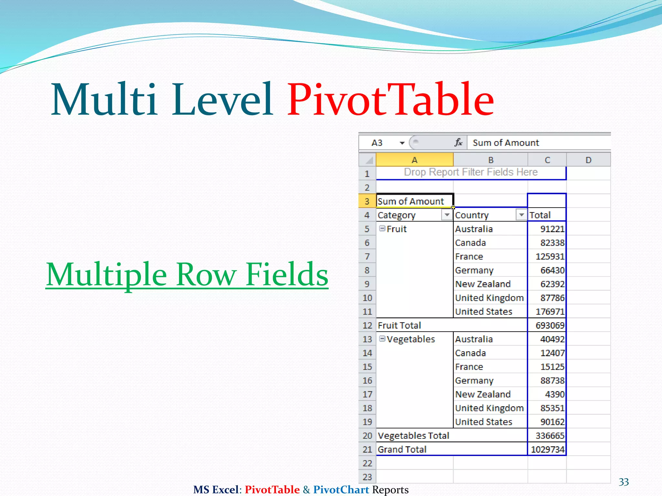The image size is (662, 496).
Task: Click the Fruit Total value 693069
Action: point(550,325)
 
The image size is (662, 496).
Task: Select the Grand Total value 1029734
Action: point(548,449)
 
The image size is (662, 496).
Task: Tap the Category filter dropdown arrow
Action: point(447,215)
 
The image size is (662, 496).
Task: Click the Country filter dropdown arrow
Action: point(521,215)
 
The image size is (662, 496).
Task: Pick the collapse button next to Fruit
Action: point(382,229)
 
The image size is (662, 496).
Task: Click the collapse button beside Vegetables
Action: point(382,339)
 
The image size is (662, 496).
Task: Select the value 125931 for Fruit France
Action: point(550,256)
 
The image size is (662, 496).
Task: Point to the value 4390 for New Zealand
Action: point(554,394)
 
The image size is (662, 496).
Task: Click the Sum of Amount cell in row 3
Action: point(411,201)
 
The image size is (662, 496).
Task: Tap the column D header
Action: point(588,160)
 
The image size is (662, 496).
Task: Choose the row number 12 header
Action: point(367,325)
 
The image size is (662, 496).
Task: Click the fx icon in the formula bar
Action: point(458,142)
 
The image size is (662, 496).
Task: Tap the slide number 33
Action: point(624,482)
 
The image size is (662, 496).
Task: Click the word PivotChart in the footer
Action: point(341,490)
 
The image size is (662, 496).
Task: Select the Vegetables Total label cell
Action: point(414,436)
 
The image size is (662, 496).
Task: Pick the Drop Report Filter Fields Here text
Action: point(471,172)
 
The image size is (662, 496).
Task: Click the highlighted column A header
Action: point(414,160)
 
